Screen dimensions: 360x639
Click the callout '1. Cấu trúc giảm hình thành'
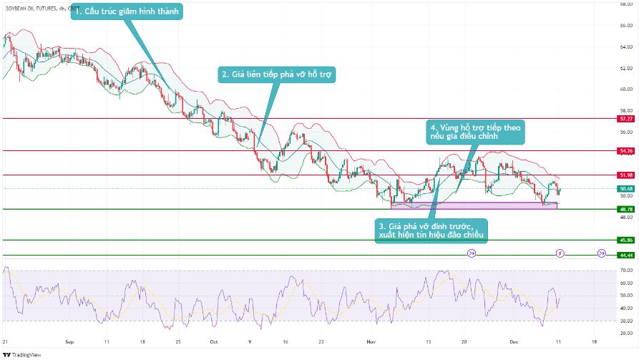127,11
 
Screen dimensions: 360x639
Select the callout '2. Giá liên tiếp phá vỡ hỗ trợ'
277,74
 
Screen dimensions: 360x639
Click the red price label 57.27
626,119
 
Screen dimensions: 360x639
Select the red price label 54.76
626,151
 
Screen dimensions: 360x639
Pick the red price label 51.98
626,175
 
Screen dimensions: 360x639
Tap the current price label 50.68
626,189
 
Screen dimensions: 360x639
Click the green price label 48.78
626,209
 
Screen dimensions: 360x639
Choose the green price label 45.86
626,240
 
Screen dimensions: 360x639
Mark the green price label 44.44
626,256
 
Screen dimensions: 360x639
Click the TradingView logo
22,354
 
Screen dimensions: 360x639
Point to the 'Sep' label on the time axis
69,342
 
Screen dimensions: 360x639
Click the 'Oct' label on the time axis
214,342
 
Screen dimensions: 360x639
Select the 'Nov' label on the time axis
370,342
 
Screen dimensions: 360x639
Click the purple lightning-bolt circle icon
560,253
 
